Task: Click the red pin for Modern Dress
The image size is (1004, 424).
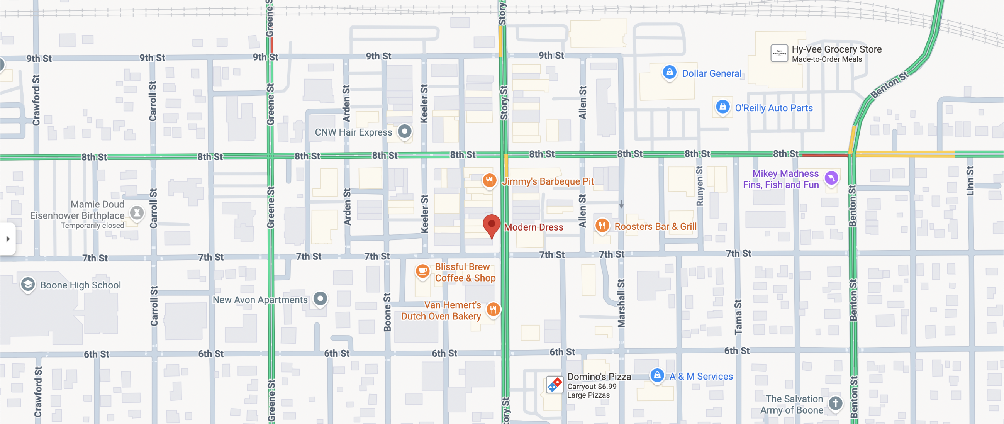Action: pos(492,225)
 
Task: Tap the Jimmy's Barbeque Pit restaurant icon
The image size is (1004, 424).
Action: pos(489,180)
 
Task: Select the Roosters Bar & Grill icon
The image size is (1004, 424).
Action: pos(602,225)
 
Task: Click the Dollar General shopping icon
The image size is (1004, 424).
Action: pos(669,73)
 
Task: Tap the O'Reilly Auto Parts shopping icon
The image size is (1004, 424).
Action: pos(722,107)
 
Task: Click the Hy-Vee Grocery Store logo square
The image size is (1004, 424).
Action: pos(779,53)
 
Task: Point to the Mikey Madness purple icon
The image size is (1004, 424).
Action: pos(831,178)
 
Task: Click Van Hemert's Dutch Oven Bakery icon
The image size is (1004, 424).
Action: pos(493,309)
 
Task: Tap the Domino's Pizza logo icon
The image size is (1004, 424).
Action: pos(554,385)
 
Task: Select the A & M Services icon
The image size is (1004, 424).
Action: pos(657,375)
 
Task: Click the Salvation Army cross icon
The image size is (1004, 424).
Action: pos(835,404)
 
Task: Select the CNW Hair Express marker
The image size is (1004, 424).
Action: pos(405,131)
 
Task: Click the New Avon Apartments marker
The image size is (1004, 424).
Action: pos(320,298)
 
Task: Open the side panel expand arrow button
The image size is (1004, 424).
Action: pos(8,239)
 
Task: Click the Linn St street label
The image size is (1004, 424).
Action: pos(970,181)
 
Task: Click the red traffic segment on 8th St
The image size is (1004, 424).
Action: pos(824,155)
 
